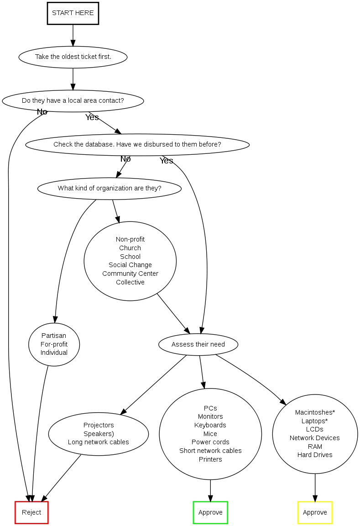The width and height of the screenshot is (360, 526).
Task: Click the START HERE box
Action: click(x=73, y=13)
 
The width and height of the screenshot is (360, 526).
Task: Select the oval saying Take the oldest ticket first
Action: click(x=73, y=57)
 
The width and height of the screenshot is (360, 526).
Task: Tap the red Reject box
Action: click(x=31, y=512)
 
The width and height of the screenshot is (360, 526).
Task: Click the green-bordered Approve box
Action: click(x=210, y=512)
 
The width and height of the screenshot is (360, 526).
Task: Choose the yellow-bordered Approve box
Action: click(x=315, y=512)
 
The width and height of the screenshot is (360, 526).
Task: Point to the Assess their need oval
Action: click(x=198, y=344)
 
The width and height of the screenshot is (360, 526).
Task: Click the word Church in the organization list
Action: click(x=130, y=248)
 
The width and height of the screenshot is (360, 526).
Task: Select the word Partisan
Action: click(x=54, y=336)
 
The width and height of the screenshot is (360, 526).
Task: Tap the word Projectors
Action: click(x=99, y=425)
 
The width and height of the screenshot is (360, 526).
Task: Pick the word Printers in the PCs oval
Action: click(x=210, y=459)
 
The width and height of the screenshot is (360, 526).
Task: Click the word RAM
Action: click(x=315, y=447)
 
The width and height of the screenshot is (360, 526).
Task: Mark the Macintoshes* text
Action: click(x=315, y=412)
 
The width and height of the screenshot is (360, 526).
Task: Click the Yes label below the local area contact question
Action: click(x=92, y=117)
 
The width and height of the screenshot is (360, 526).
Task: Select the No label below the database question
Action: click(x=125, y=159)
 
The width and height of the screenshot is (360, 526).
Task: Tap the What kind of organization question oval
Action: click(x=110, y=188)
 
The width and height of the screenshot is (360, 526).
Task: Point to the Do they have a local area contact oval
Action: click(x=73, y=100)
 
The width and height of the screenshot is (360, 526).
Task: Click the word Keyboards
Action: click(x=210, y=425)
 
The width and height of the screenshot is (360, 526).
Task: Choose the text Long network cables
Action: click(x=99, y=442)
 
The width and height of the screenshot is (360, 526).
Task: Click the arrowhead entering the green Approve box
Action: click(x=210, y=497)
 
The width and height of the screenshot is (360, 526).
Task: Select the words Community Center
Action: click(x=130, y=274)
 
